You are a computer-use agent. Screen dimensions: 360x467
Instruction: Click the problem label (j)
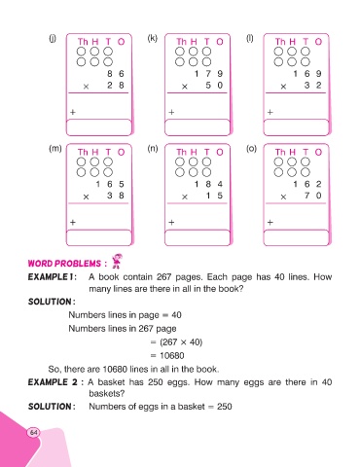53,39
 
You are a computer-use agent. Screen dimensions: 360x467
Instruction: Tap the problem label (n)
153,149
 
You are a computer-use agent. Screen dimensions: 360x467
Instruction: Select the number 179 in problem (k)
208,74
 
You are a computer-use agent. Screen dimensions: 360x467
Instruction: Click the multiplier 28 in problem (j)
116,86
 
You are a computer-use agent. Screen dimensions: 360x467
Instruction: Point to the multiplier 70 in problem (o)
312,196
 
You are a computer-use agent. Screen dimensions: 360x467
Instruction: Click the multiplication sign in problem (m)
86,197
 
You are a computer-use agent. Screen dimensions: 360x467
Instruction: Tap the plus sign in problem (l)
270,112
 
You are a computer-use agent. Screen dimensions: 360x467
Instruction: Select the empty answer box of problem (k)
198,127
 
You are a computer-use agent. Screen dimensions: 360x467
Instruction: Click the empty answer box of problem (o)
296,237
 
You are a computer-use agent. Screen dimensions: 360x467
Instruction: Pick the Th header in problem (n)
182,152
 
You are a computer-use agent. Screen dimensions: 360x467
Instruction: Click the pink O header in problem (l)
318,42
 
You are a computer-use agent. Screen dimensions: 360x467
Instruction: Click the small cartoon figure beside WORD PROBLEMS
117,262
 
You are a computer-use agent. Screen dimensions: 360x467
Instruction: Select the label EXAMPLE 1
53,277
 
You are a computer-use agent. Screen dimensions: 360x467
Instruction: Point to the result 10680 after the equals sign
172,356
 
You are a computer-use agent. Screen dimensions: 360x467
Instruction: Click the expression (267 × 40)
181,342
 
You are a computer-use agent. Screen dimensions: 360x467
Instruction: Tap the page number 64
34,433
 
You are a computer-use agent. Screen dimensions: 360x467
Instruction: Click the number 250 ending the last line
225,407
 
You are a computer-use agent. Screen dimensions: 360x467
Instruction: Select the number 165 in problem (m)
110,184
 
